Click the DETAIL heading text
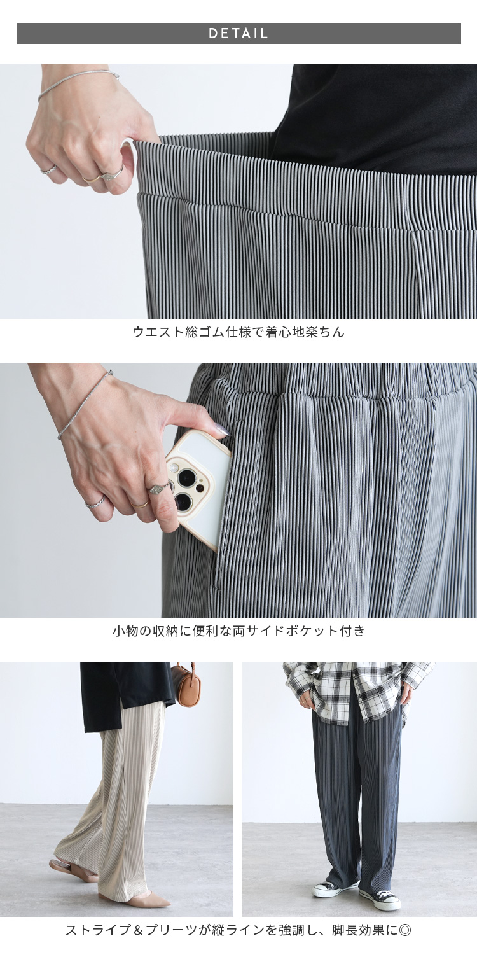coord(238,34)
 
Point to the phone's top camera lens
coord(188,477)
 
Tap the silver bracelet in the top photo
coord(78,85)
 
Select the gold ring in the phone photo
coord(140,503)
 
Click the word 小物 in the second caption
coord(125,631)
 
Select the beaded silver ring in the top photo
coord(48,169)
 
